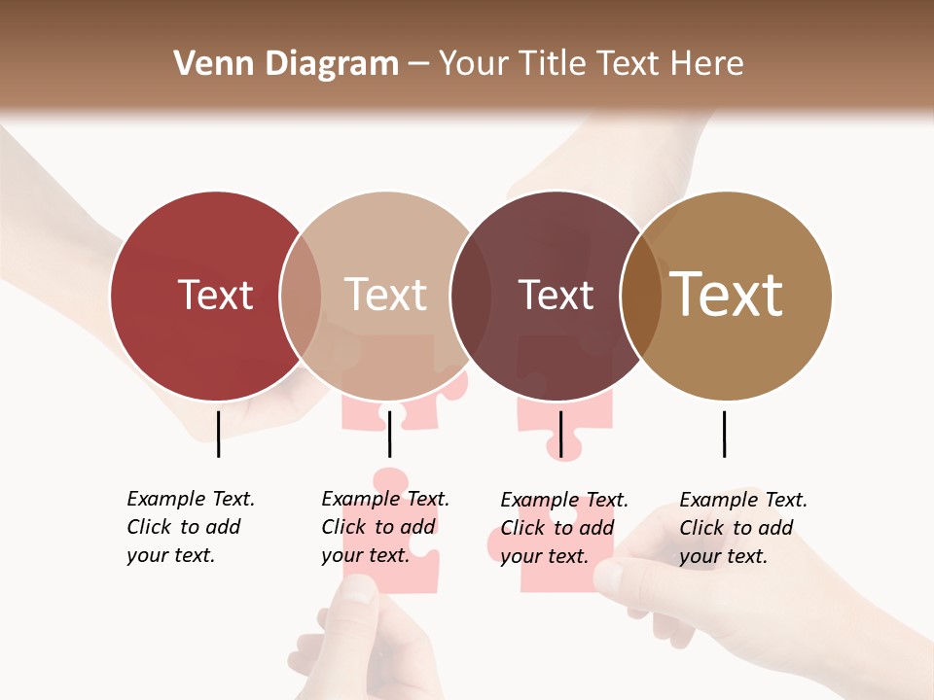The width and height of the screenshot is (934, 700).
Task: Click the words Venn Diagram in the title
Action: coord(286,64)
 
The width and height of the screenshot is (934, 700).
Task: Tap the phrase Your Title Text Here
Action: coord(591,64)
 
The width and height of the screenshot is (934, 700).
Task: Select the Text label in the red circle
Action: coord(215,296)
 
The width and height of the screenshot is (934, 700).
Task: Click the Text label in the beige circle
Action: coord(385,296)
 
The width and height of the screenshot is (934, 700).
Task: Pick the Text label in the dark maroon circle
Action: coord(556,296)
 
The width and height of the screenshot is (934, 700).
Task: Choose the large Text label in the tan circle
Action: coord(727,295)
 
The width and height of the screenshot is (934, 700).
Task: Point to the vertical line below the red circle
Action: coord(218,434)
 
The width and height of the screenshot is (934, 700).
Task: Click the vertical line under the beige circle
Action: coord(389,434)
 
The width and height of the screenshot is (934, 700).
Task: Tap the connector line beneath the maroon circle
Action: coord(560,434)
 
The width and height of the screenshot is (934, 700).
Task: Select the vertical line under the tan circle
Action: coord(724,434)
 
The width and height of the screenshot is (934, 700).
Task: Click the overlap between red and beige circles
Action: coord(301,296)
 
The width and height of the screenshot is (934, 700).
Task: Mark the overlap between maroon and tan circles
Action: coord(640,296)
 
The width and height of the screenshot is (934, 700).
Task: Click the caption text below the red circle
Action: coord(191,527)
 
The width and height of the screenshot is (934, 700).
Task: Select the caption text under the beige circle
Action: coord(385,527)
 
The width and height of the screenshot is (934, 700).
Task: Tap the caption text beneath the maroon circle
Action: coord(564,528)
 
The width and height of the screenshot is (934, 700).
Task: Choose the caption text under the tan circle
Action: coord(743,528)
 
